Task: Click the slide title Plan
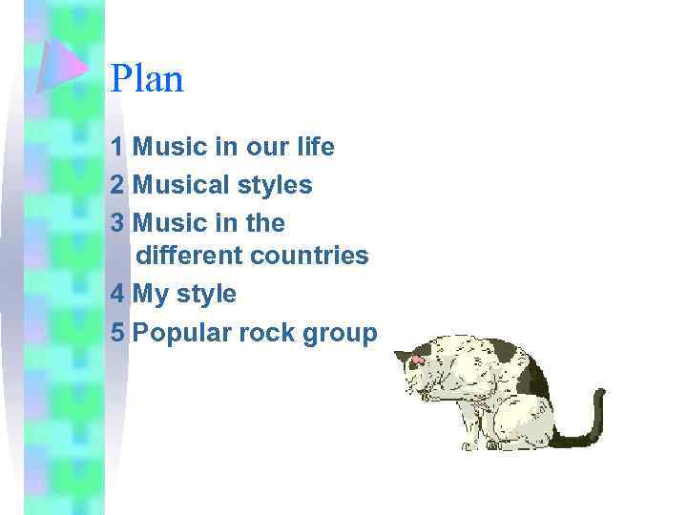tap(147, 79)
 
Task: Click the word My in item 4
tap(151, 295)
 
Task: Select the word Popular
tap(182, 333)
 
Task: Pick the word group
tap(342, 334)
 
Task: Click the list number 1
tap(116, 148)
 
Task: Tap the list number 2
tap(117, 185)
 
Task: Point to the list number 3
tap(117, 223)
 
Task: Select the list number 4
tap(117, 295)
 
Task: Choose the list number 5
tap(117, 333)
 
